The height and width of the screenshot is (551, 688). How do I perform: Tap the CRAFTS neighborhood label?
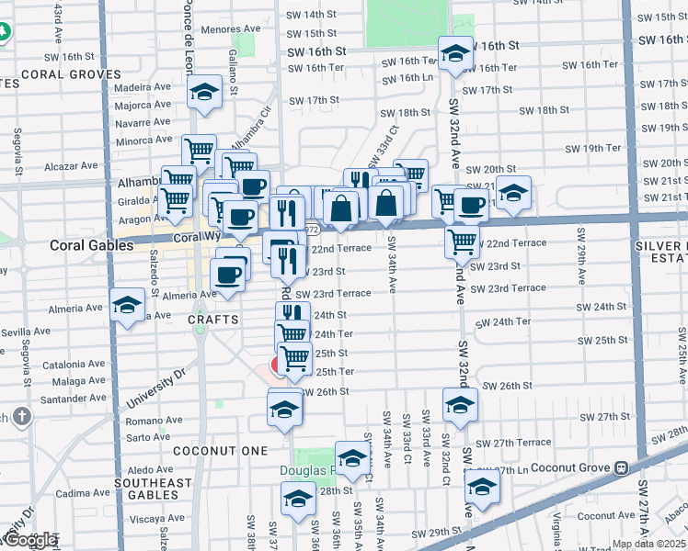213,320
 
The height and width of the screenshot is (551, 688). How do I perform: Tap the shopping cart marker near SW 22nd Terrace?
462,242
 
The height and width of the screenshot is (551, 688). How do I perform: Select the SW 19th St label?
584,148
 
